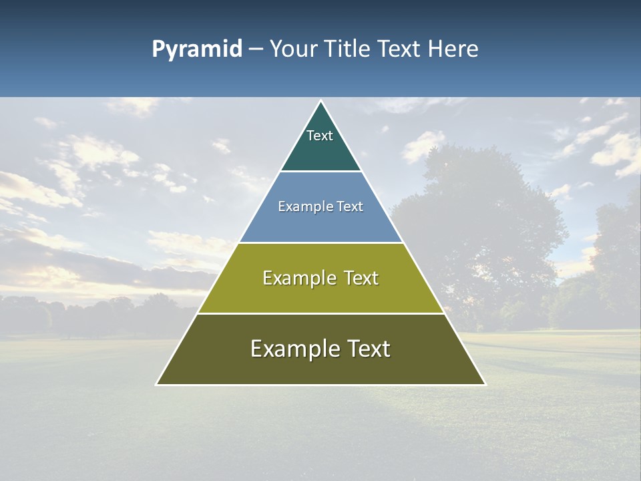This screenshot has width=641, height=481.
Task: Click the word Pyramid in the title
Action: [196, 49]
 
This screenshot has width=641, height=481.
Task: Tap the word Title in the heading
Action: [347, 49]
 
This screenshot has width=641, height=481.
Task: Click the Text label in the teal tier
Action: [320, 136]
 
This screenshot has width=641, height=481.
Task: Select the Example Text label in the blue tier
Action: [320, 206]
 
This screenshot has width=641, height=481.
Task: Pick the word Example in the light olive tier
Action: [296, 278]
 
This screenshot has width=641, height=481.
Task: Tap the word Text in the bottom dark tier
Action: [367, 349]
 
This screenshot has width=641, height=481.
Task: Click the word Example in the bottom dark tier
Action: [291, 349]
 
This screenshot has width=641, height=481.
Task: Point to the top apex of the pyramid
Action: [320, 102]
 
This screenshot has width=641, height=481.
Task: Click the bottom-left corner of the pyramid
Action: [158, 384]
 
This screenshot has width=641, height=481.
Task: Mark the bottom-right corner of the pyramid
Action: [484, 384]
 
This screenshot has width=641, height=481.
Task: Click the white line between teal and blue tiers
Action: [320, 172]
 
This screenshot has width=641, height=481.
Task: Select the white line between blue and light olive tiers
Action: [320, 243]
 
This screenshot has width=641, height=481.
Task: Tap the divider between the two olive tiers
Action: [320, 313]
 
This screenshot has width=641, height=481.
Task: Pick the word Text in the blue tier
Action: [349, 206]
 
